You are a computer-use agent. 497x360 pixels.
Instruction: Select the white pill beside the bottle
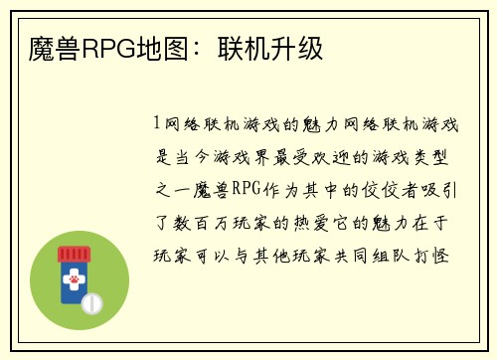[x=91, y=300]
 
